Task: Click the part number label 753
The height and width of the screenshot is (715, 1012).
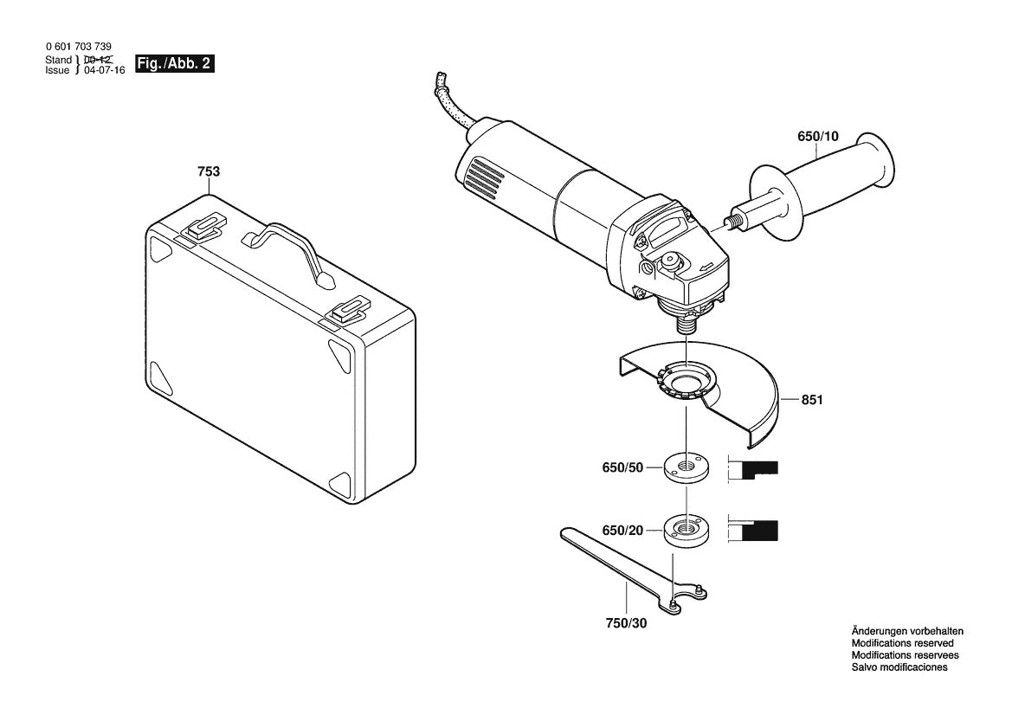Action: pos(209,171)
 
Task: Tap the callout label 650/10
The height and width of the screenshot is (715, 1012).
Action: pos(817,136)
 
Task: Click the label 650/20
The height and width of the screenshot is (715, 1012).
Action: pos(623,529)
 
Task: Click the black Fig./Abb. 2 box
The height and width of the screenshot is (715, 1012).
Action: pos(171,65)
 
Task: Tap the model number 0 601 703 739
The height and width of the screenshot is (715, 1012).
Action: pos(78,47)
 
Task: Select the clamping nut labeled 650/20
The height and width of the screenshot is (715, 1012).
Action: pos(685,529)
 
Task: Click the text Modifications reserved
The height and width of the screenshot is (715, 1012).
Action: pos(902,644)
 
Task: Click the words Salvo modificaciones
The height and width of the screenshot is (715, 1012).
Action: pos(899,668)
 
